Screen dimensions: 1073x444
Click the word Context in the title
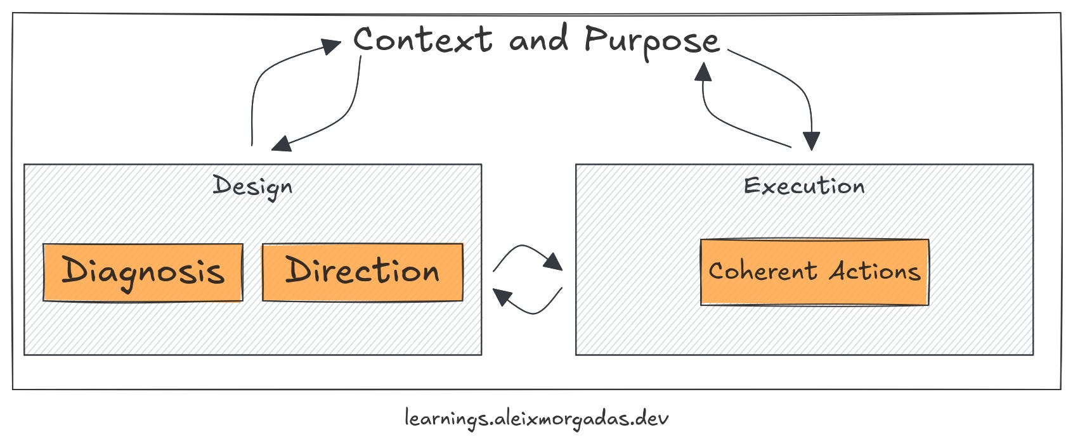pos(422,40)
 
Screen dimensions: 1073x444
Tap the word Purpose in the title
pos(651,41)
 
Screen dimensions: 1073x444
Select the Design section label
pos(252,186)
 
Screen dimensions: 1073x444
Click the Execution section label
pos(803,186)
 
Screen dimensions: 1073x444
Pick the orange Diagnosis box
pos(143,272)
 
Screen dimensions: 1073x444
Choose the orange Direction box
pos(362,272)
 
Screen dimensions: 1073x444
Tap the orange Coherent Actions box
pos(814,272)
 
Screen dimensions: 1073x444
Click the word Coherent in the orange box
pos(762,271)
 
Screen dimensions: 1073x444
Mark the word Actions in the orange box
pos(875,271)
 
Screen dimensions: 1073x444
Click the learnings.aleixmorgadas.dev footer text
pos(536,419)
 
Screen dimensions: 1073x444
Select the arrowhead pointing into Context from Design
pos(332,46)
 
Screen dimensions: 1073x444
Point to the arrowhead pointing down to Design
pos(281,144)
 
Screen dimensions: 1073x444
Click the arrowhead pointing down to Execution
pos(811,141)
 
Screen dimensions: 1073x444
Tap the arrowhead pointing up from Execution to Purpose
pos(703,72)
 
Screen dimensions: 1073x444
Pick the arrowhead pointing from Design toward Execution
pos(554,262)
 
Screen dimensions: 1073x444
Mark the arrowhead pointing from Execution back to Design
pos(502,296)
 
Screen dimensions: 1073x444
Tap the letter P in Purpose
pos(597,39)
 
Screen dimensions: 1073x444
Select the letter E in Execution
pos(752,186)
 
